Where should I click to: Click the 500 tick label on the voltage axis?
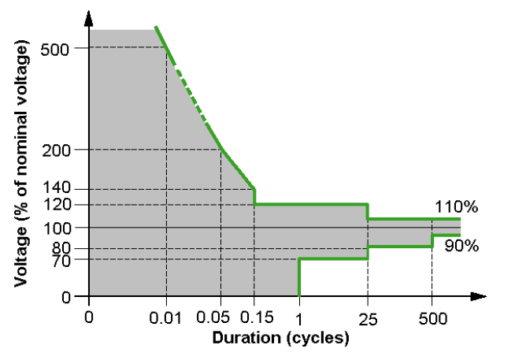click(x=57, y=49)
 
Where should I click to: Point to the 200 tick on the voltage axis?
click(x=57, y=150)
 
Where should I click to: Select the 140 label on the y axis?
click(x=57, y=188)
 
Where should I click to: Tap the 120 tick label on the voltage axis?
click(x=57, y=204)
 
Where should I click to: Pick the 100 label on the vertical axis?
click(x=57, y=228)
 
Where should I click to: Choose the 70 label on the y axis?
click(x=62, y=259)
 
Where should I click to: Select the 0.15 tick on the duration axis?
click(x=256, y=317)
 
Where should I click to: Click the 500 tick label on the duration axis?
click(x=432, y=317)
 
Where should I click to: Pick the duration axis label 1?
click(x=299, y=317)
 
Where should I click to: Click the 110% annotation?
click(x=456, y=207)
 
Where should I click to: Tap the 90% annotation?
click(x=461, y=246)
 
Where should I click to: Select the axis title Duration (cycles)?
click(x=280, y=338)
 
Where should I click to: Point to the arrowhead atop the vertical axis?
click(x=89, y=17)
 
